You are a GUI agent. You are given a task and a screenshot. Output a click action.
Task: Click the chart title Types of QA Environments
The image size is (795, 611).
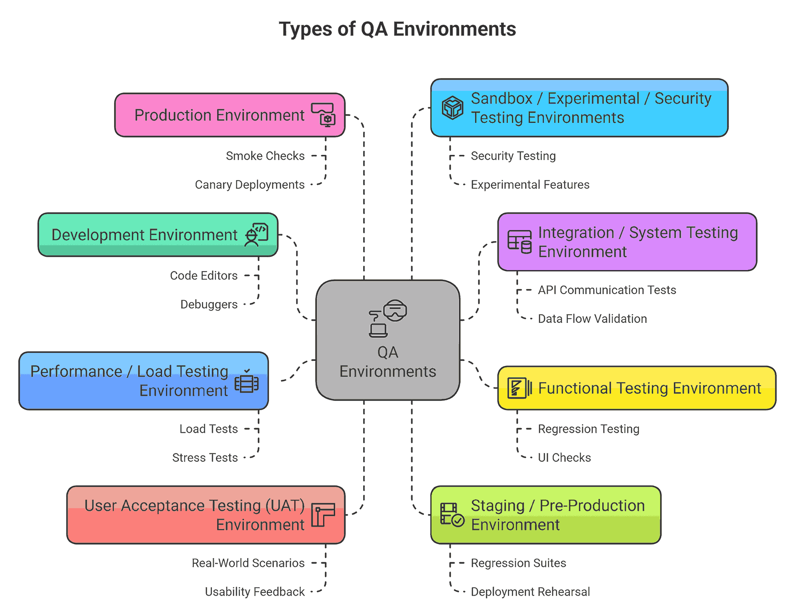[x=397, y=29]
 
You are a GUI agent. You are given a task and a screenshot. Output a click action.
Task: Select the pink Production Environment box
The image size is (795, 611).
[x=230, y=115]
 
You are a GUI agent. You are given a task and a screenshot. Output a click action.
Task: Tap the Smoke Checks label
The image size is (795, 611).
[x=265, y=156]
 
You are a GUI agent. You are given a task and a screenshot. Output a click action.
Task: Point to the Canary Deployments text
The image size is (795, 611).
[x=250, y=184]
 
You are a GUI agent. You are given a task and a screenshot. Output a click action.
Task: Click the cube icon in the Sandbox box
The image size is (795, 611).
[x=452, y=107]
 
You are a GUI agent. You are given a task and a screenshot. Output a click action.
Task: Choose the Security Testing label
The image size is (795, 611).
[x=513, y=156]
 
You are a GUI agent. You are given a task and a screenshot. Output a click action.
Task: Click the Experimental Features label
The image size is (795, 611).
[x=530, y=184]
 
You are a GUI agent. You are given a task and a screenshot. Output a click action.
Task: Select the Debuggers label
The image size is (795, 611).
[x=209, y=304]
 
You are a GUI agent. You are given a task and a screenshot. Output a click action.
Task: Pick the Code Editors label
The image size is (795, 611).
[x=204, y=275]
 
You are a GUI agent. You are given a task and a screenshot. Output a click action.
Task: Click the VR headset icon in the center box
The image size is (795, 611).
[x=395, y=311]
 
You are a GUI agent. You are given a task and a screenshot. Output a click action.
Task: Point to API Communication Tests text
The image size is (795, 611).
[x=607, y=290]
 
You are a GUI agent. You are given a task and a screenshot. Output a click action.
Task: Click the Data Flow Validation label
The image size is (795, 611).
[x=592, y=319]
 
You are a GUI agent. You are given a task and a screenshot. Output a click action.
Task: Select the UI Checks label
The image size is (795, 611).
[x=564, y=457]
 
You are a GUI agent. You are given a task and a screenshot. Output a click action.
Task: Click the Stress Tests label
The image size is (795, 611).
[x=205, y=457]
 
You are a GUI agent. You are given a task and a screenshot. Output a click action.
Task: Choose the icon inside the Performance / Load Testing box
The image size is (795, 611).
[x=246, y=383]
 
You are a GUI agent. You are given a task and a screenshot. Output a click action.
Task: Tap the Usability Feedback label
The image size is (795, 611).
[x=255, y=591]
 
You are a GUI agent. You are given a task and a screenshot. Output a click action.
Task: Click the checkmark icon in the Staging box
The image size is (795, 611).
[x=458, y=520]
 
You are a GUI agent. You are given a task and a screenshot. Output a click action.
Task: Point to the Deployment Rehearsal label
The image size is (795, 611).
[x=530, y=591]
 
